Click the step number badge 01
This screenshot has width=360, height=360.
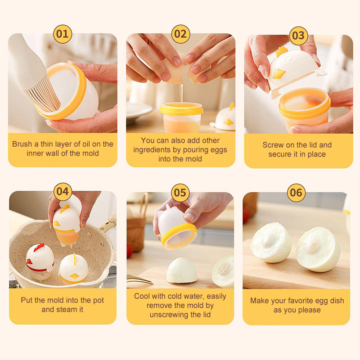[63, 34]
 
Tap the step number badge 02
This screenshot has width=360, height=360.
[180, 34]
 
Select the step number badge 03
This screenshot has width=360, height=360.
[298, 36]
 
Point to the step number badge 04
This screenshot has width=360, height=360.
[63, 192]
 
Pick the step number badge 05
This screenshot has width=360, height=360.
[180, 193]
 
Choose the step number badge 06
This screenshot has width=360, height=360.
[296, 193]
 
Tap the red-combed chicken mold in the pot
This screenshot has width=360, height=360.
[40, 261]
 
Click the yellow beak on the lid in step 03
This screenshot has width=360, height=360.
[279, 74]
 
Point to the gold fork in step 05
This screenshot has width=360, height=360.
[139, 279]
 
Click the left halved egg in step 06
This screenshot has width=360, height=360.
[271, 243]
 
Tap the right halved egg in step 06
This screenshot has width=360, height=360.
[318, 249]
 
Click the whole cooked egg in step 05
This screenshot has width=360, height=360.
[181, 270]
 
